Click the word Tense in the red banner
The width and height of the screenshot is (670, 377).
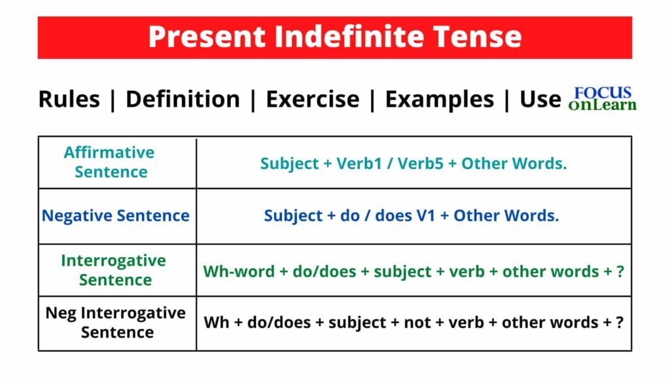point(482,37)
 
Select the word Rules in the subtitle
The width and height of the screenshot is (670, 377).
point(69,99)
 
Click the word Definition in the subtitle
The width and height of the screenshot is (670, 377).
point(183,99)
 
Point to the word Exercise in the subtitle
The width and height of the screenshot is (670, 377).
point(312,99)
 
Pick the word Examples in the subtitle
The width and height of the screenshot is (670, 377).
point(439,99)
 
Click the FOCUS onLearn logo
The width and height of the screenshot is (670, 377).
point(602,98)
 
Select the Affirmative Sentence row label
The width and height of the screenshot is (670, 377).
point(109,162)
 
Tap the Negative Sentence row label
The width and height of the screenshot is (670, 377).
point(116,215)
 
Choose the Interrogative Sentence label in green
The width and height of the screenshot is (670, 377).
point(114,270)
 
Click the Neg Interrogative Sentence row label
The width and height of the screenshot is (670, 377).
point(116,322)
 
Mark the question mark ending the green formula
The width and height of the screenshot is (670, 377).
point(619,270)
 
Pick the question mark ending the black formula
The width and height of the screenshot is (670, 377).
point(619,323)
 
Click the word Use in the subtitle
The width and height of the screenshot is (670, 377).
point(540,99)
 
